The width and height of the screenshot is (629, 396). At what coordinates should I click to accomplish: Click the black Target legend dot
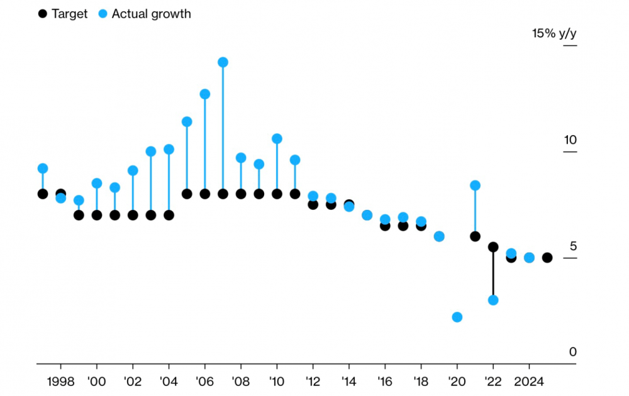click(x=42, y=14)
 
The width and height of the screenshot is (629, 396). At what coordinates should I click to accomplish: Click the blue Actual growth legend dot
click(x=104, y=14)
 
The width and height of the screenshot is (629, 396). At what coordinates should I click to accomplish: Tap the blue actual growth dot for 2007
click(x=223, y=62)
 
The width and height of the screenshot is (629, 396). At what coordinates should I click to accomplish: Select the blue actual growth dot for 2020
click(x=457, y=317)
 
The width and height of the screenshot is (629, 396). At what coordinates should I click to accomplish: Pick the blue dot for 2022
click(x=493, y=300)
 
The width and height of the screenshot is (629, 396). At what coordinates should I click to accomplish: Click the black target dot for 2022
click(x=493, y=247)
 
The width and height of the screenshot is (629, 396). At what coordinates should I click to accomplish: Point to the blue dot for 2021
click(x=476, y=185)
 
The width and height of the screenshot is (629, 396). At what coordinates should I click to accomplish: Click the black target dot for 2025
click(x=547, y=258)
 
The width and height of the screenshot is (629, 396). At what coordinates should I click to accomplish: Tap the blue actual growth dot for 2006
click(x=204, y=94)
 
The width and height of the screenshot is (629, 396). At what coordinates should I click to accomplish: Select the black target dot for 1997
click(x=43, y=194)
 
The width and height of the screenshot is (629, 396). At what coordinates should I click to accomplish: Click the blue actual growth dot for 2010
click(x=277, y=139)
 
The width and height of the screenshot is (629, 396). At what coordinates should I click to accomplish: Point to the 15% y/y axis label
click(x=554, y=33)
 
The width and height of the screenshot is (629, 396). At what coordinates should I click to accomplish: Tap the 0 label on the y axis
click(x=572, y=352)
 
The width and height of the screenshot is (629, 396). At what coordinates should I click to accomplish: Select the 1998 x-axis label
click(x=60, y=382)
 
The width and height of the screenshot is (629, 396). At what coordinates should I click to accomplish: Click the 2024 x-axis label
click(x=529, y=382)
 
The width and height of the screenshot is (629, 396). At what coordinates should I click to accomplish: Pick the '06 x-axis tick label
click(x=204, y=382)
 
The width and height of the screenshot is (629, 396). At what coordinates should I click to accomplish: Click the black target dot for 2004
click(x=169, y=215)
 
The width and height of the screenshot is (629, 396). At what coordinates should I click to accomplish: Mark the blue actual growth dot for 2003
click(x=150, y=151)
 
